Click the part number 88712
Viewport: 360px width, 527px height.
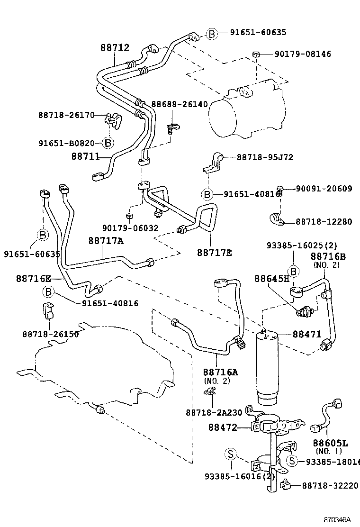115,47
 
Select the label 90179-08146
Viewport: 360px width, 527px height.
303,54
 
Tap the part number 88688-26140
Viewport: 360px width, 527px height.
180,104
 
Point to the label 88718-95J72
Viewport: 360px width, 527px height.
265,157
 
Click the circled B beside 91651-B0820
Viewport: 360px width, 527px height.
108,142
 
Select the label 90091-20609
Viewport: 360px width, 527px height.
324,189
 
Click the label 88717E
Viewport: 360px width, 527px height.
215,253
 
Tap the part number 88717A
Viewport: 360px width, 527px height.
106,241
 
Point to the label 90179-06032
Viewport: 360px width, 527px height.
130,228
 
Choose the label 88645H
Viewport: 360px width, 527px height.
271,278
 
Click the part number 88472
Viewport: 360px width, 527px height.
222,427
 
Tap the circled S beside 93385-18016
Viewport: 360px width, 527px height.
292,461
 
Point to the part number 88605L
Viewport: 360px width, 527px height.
330,443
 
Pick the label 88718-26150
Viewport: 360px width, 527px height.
50,334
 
